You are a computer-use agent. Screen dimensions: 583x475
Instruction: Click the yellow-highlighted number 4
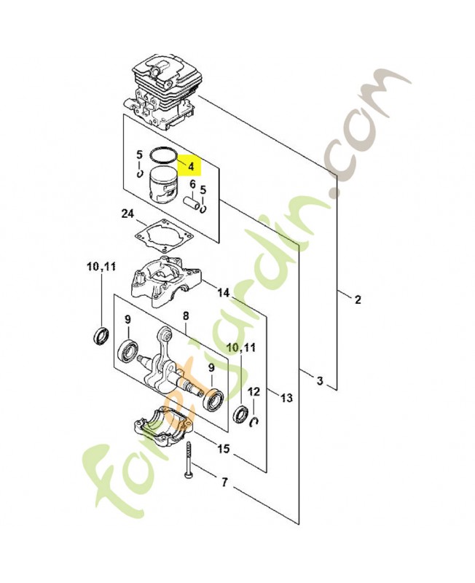point(191,166)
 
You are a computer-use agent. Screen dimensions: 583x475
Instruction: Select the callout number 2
point(358,300)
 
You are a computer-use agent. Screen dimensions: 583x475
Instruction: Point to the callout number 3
point(320,380)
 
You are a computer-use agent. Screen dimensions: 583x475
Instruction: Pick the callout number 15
point(224,449)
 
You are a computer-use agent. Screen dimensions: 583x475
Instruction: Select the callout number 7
point(224,482)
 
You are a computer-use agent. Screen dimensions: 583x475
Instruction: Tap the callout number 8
point(185,316)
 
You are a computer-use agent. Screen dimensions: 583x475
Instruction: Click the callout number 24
point(128,214)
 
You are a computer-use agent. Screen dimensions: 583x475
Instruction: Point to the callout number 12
point(254,392)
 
